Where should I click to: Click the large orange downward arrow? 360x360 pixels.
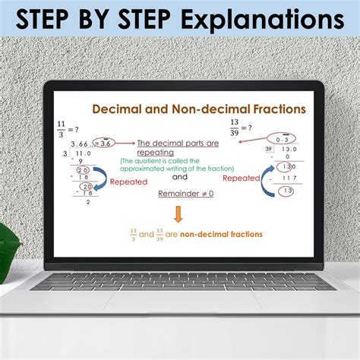pos(178,213)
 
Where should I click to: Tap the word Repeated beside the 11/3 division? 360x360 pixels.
pos(128,182)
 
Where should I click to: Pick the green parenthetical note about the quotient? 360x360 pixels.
pos(175,165)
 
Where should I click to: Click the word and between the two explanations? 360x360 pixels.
pos(179,177)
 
